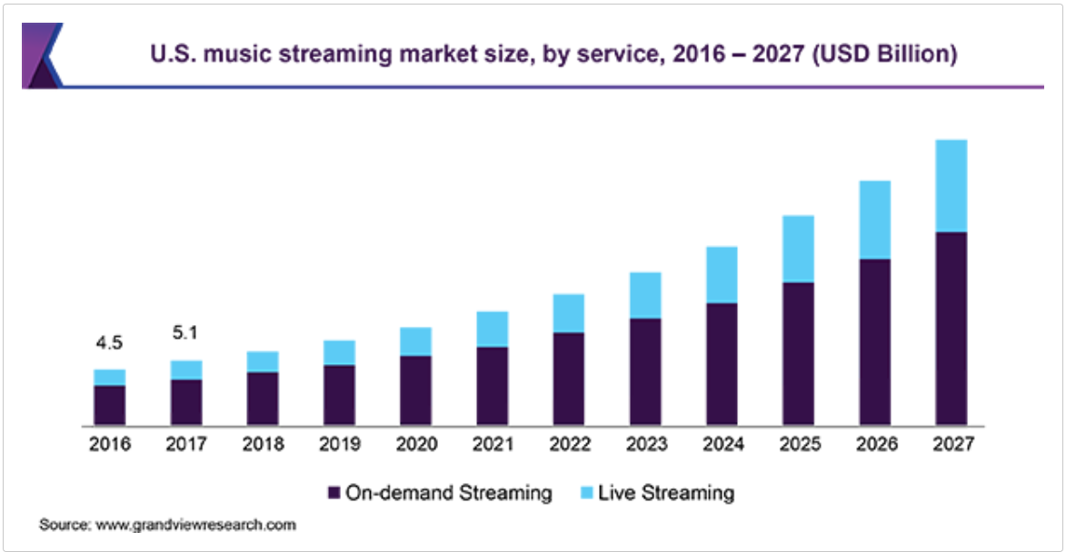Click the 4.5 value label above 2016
click(109, 343)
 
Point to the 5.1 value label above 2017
click(185, 334)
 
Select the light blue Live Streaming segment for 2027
click(951, 186)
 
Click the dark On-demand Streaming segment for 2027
click(951, 329)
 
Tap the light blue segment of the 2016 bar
click(109, 378)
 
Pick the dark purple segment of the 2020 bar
click(415, 390)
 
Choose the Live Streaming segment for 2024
click(722, 275)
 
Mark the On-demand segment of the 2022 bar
click(568, 379)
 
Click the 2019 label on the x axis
click(339, 445)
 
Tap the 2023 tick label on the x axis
click(645, 445)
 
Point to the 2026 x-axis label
click(875, 445)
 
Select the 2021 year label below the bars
click(492, 445)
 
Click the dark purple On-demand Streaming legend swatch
click(334, 493)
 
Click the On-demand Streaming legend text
click(449, 493)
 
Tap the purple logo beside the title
click(42, 55)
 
